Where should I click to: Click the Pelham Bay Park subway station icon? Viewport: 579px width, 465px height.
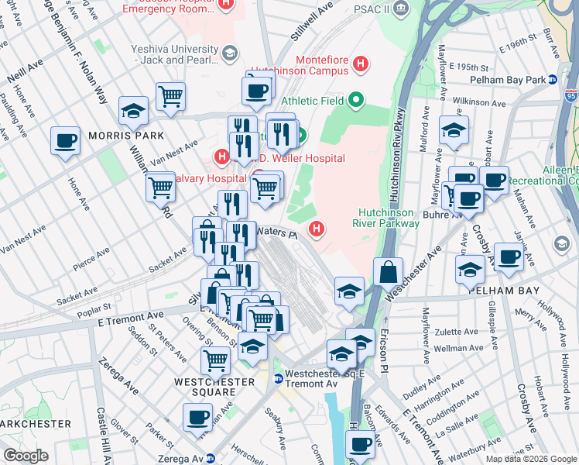pos(552,80)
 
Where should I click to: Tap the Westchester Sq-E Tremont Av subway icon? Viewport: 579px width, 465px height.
pos(278,379)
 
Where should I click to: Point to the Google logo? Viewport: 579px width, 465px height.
pos(26,455)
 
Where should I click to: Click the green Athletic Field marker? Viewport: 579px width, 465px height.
pos(355,100)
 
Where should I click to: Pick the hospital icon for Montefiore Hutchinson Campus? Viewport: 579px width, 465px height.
pos(360,62)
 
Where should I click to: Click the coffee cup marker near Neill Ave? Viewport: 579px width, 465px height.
pos(65,141)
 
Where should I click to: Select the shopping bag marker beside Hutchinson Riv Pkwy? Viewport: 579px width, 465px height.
pos(388,272)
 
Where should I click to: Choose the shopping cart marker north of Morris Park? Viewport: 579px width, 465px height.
pos(170,97)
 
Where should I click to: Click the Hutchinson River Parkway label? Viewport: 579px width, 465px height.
pos(389,218)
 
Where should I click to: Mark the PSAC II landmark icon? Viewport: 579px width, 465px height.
pos(401,8)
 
